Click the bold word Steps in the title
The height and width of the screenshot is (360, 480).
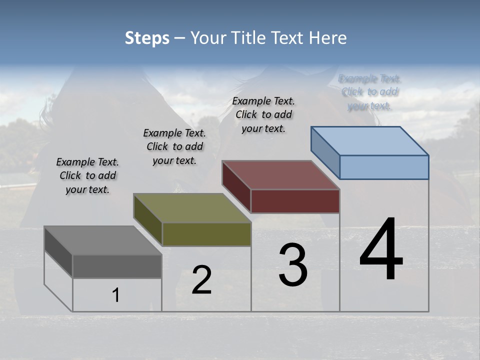(x=147, y=38)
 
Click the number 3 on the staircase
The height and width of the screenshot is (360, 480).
(x=293, y=265)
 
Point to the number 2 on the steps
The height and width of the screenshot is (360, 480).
(x=201, y=280)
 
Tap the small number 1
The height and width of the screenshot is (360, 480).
(x=116, y=295)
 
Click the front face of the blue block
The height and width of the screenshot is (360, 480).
(x=384, y=167)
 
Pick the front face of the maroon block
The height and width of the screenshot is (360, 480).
(x=295, y=201)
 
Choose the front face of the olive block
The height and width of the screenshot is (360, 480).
(x=206, y=234)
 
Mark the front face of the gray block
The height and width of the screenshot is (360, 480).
(x=117, y=266)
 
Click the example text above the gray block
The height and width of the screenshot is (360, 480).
(x=87, y=176)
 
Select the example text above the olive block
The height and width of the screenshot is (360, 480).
(x=174, y=147)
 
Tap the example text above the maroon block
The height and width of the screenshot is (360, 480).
(x=263, y=115)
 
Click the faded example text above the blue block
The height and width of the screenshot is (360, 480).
(x=369, y=92)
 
